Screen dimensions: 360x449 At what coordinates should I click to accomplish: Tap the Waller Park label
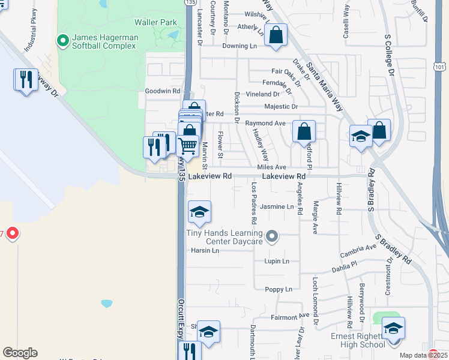point(155,22)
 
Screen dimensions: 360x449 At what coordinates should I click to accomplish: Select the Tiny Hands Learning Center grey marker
point(273,236)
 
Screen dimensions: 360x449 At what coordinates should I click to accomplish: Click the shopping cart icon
point(188,145)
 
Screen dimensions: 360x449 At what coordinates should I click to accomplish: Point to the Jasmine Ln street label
point(277,207)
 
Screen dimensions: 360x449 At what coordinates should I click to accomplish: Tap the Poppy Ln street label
point(279,289)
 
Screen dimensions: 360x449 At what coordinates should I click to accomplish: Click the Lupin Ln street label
point(277,262)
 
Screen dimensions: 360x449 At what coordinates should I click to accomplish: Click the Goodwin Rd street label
point(162,91)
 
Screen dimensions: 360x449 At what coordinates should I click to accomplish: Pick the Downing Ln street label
point(240,46)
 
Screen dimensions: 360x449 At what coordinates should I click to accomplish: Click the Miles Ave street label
point(271,167)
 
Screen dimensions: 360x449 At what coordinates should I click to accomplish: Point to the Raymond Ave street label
point(265,123)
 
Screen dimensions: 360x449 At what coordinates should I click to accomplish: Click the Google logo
point(20,352)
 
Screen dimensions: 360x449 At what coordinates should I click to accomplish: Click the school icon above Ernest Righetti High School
point(393,329)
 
